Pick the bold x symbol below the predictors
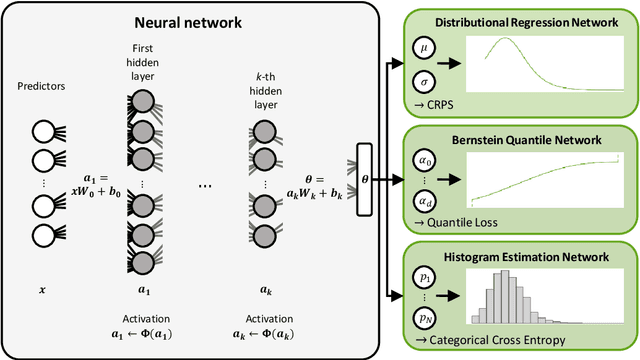click(x=41, y=290)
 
